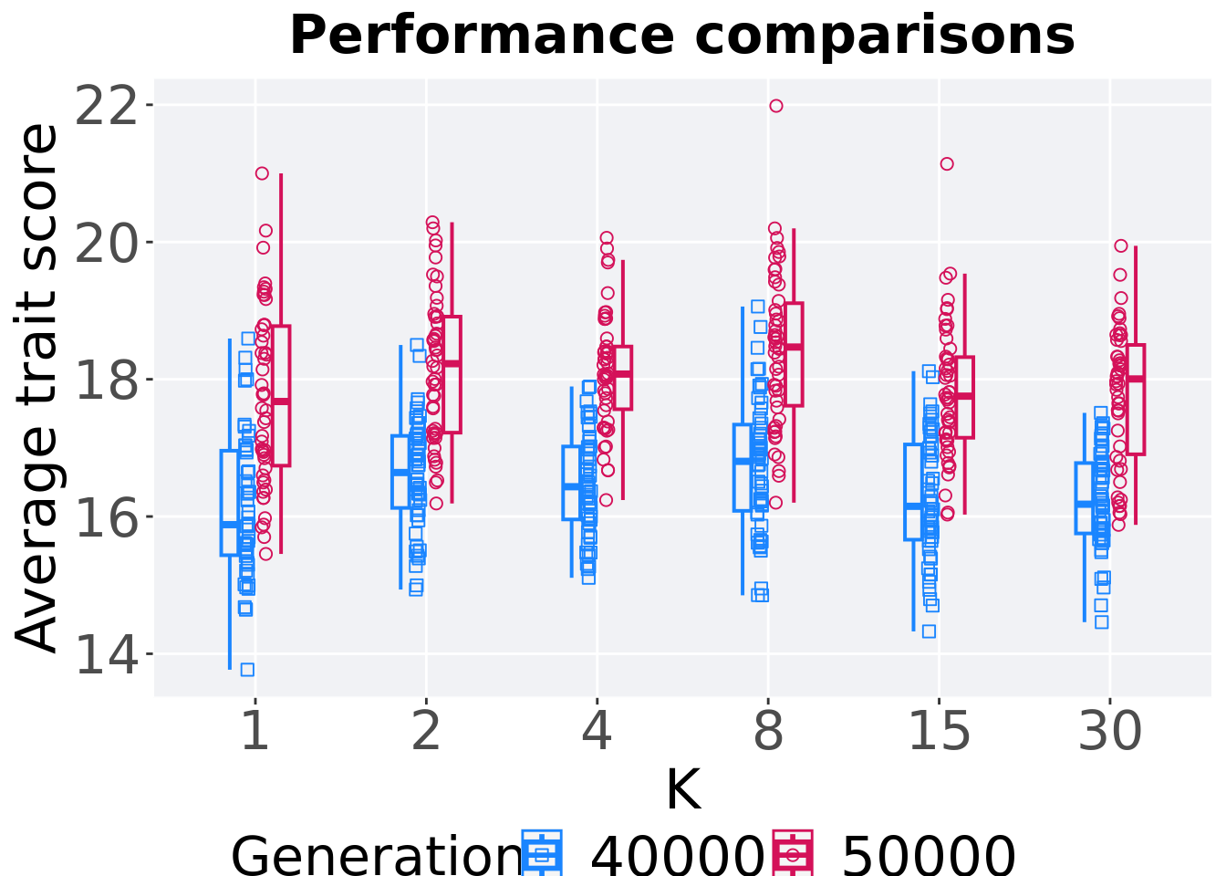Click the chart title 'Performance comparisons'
click(x=681, y=36)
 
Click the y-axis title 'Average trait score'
click(x=38, y=388)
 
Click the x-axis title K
click(x=682, y=790)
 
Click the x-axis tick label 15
click(x=939, y=732)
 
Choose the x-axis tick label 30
click(x=1109, y=732)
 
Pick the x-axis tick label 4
click(x=597, y=732)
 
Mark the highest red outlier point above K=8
click(x=776, y=106)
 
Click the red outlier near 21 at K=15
click(x=947, y=164)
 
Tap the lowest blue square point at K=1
click(x=247, y=670)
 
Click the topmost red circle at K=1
click(x=262, y=173)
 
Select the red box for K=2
click(x=452, y=374)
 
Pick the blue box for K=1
click(x=229, y=502)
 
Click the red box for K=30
click(x=1136, y=399)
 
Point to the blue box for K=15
click(x=913, y=492)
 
